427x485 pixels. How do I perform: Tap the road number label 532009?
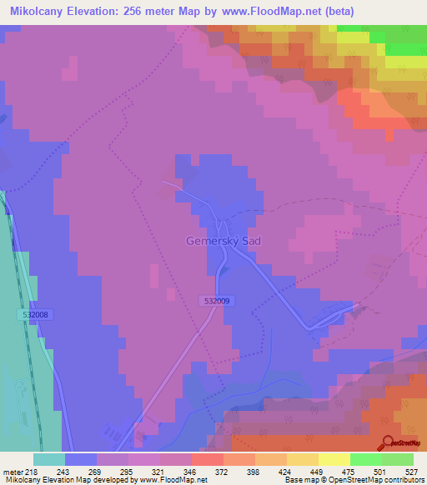point(216,301)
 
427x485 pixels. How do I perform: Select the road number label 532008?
point(35,314)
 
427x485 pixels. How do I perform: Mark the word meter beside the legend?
point(13,471)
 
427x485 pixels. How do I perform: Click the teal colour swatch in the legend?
point(49,459)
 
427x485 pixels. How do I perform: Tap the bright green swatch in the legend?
point(365,459)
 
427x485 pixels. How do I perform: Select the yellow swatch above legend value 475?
point(334,459)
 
